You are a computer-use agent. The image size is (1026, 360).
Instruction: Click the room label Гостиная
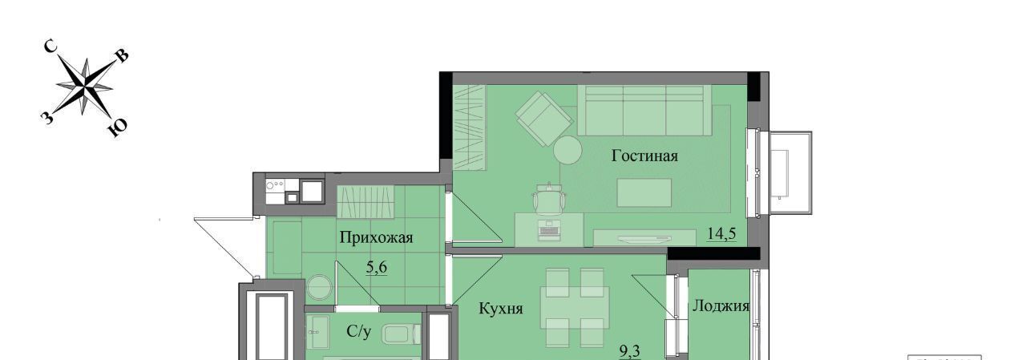[x=644, y=156]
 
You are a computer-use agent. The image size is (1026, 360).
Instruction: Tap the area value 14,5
[x=721, y=234]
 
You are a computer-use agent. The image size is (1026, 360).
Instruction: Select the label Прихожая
[x=376, y=237]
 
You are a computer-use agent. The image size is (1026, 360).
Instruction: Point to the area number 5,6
[x=377, y=267]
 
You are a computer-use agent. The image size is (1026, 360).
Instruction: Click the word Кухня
[x=501, y=308]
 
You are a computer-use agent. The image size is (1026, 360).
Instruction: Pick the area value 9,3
[x=630, y=352]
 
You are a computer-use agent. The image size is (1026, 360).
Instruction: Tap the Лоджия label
[x=721, y=306]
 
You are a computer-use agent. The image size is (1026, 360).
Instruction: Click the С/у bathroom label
[x=358, y=331]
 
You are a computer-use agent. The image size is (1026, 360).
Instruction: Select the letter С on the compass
[x=50, y=47]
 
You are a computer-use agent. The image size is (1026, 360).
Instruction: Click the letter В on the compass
[x=123, y=55]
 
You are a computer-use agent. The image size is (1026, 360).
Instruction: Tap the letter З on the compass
[x=46, y=119]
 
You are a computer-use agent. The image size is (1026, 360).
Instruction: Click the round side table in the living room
[x=568, y=150]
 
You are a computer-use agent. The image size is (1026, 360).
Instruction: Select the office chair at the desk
[x=549, y=198]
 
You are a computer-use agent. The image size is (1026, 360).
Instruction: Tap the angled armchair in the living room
[x=544, y=119]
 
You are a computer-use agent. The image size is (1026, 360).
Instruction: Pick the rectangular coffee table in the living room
[x=644, y=192]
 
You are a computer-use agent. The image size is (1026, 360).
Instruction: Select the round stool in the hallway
[x=319, y=287]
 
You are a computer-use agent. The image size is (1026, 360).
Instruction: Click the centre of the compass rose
[x=85, y=86]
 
